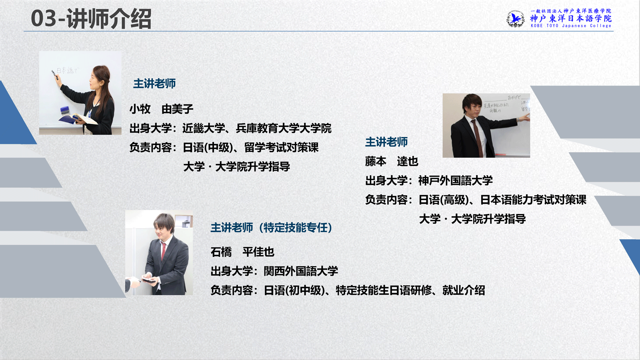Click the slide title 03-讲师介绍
click(x=91, y=19)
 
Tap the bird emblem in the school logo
click(x=516, y=19)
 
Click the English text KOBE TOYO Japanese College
click(x=571, y=26)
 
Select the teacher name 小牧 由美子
click(x=162, y=109)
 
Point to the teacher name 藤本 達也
click(x=392, y=162)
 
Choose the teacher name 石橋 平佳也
click(x=242, y=252)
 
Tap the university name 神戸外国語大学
click(x=456, y=180)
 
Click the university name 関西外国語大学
click(x=301, y=271)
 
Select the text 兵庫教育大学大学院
click(x=284, y=128)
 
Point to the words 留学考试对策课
click(x=282, y=148)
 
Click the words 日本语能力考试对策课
click(x=534, y=200)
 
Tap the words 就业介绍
click(x=464, y=290)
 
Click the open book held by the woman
click(x=78, y=119)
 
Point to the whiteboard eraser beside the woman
click(x=65, y=110)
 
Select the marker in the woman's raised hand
click(x=55, y=75)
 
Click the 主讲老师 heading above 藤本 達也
click(x=386, y=142)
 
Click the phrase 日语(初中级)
click(x=294, y=290)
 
